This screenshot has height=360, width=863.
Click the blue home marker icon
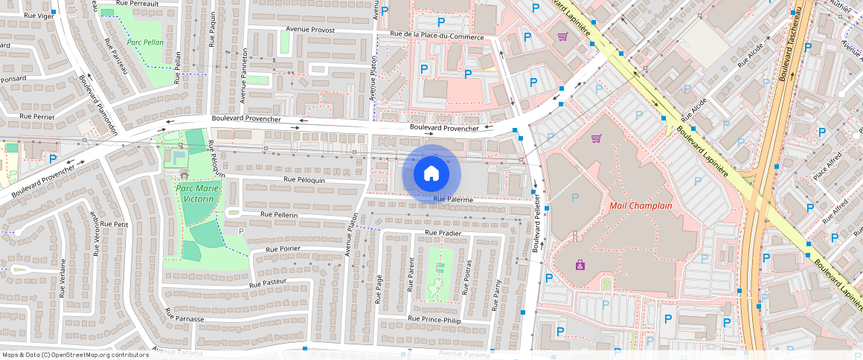(431, 174)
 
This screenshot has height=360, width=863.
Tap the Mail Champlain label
(641, 205)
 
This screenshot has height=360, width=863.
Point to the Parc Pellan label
(145, 42)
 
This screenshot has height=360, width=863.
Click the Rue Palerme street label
(453, 199)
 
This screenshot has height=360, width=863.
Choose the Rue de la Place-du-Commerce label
(437, 36)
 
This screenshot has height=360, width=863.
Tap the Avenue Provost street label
(310, 30)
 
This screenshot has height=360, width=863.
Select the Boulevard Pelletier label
(535, 229)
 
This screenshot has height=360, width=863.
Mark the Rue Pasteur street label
(269, 283)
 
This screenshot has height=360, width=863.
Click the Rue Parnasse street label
(185, 318)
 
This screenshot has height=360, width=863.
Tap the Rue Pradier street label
(443, 233)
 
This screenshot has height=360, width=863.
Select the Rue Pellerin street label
(279, 215)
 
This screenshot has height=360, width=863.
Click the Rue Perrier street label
(37, 117)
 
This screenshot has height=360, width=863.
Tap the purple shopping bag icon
(580, 265)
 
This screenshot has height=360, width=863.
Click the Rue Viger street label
(38, 15)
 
